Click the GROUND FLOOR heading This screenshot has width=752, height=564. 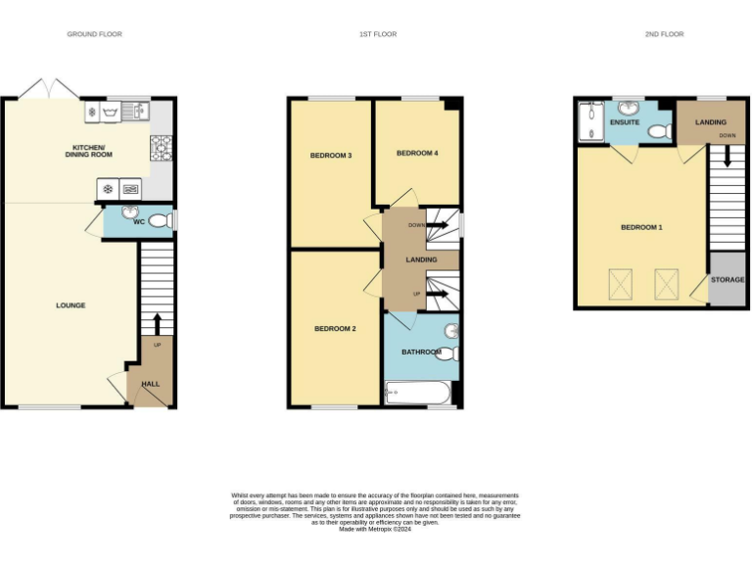pyautogui.click(x=94, y=34)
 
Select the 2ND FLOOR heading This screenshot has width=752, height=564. pyautogui.click(x=664, y=34)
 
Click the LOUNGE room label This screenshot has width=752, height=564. pyautogui.click(x=70, y=305)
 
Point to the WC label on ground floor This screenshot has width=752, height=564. pyautogui.click(x=139, y=222)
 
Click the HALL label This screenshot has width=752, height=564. pyautogui.click(x=151, y=384)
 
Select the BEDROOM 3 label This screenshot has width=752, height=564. pyautogui.click(x=331, y=156)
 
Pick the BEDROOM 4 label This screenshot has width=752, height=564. pyautogui.click(x=416, y=154)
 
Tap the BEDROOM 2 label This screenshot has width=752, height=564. pyautogui.click(x=334, y=329)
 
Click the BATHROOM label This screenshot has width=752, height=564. pyautogui.click(x=421, y=352)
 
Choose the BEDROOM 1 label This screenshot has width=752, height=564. pyautogui.click(x=641, y=227)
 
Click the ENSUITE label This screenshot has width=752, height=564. pyautogui.click(x=624, y=123)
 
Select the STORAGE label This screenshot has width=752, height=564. pyautogui.click(x=728, y=280)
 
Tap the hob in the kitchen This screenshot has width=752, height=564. pyautogui.click(x=161, y=147)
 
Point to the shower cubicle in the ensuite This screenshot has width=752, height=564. pyautogui.click(x=590, y=122)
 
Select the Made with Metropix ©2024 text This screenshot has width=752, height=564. pyautogui.click(x=375, y=529)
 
